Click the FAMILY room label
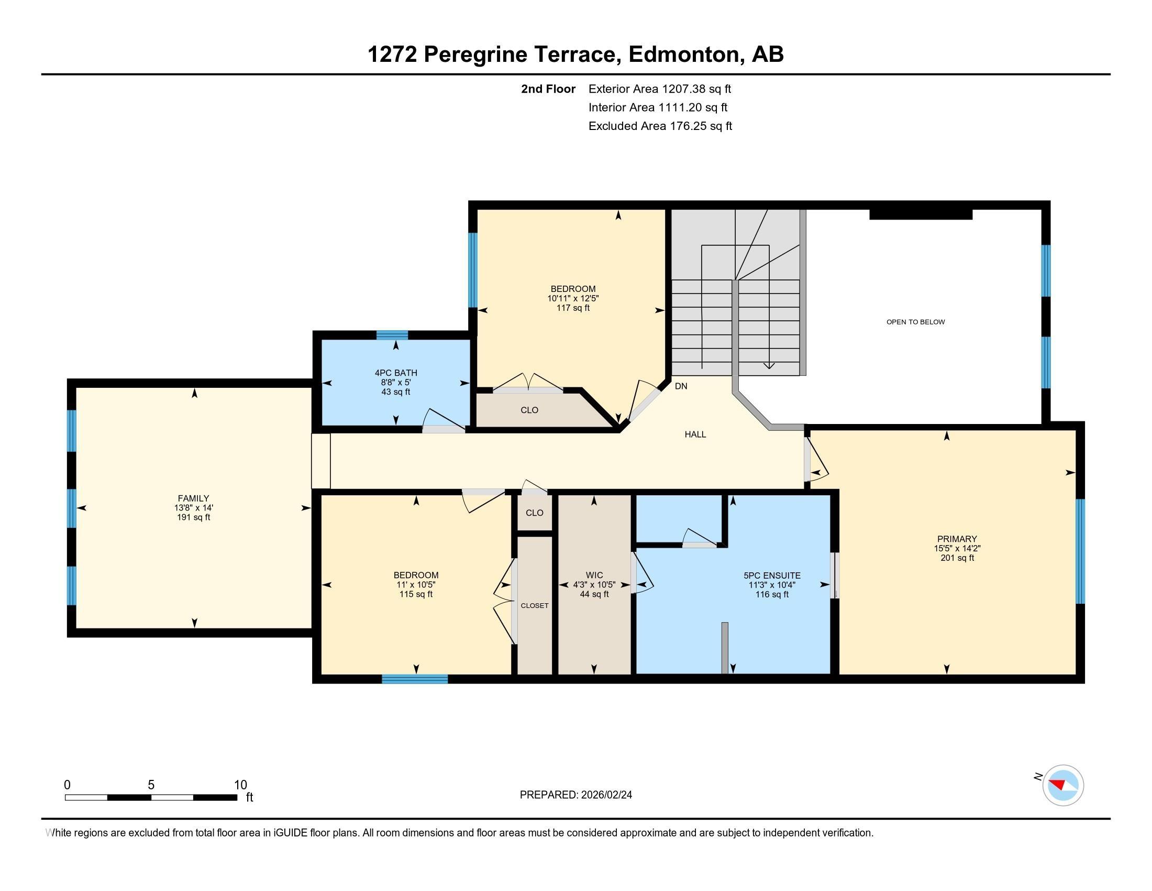click(193, 498)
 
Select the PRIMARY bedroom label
click(957, 539)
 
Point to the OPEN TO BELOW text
click(915, 322)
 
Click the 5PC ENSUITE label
click(772, 575)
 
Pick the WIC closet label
click(594, 575)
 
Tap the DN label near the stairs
click(681, 386)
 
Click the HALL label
click(695, 434)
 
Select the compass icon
click(1063, 785)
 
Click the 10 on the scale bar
click(240, 785)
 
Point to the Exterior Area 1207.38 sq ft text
click(659, 89)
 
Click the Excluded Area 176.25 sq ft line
click(660, 126)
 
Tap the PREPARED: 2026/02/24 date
click(575, 795)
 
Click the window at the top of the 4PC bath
click(392, 335)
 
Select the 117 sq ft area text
click(573, 308)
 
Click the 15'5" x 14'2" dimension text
click(957, 548)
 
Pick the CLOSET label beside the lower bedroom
click(534, 605)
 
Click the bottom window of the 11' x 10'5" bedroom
click(415, 679)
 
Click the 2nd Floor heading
click(548, 89)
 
